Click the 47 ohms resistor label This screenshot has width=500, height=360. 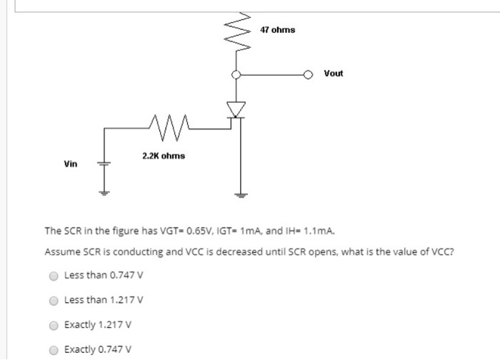[x=277, y=30]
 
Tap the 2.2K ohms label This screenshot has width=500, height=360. [x=163, y=156]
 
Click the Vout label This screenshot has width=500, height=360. [x=333, y=74]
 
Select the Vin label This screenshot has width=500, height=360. [x=70, y=164]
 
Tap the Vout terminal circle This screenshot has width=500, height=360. [x=308, y=74]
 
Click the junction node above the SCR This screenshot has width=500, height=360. [x=236, y=74]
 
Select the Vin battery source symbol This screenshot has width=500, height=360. [x=104, y=164]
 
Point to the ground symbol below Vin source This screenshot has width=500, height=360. [x=104, y=191]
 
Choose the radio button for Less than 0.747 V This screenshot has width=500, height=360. [x=53, y=275]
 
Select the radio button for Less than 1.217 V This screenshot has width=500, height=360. [x=53, y=300]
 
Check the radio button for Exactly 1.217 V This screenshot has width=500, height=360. [x=53, y=325]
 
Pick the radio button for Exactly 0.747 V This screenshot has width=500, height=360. [x=53, y=349]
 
